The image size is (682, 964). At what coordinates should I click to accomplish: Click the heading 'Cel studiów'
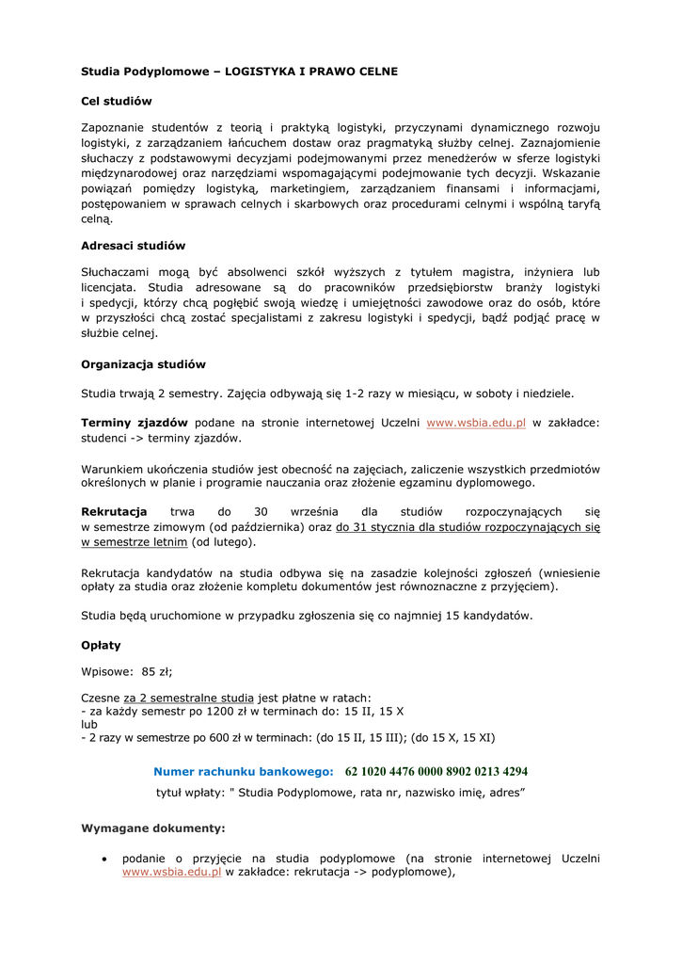(x=117, y=101)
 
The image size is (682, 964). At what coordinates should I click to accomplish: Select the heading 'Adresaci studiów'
(x=133, y=246)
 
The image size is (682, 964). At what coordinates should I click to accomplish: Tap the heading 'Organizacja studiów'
(x=143, y=363)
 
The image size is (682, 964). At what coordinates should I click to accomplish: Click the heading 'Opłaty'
(x=101, y=646)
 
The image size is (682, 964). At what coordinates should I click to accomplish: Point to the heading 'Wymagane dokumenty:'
(x=153, y=828)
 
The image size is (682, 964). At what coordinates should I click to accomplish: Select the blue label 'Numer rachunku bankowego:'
(x=244, y=771)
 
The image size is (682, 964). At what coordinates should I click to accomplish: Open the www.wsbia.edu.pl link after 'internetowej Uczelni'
(x=476, y=424)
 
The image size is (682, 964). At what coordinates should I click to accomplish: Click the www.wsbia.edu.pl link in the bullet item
(x=171, y=873)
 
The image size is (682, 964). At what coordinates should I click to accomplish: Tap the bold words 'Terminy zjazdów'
(x=135, y=424)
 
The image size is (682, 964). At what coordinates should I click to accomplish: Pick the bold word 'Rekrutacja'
(x=114, y=511)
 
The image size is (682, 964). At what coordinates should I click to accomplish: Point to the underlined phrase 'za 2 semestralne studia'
(x=189, y=698)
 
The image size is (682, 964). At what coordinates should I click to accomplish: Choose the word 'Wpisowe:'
(x=107, y=671)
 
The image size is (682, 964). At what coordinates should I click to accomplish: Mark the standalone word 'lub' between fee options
(x=89, y=725)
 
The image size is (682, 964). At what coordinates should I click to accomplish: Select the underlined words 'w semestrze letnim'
(x=135, y=542)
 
